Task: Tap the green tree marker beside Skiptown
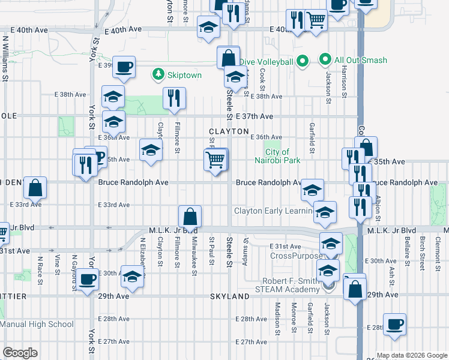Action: click(x=158, y=74)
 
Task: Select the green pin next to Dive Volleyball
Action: click(x=303, y=61)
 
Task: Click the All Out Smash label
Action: click(x=360, y=60)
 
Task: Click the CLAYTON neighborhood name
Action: click(x=229, y=131)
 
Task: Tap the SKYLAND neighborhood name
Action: click(x=229, y=296)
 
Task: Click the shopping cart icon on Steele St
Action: click(x=215, y=160)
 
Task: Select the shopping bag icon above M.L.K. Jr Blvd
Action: click(x=190, y=216)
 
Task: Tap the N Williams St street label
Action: click(x=5, y=58)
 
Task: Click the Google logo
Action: click(x=20, y=353)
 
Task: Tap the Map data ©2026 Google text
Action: click(x=412, y=355)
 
